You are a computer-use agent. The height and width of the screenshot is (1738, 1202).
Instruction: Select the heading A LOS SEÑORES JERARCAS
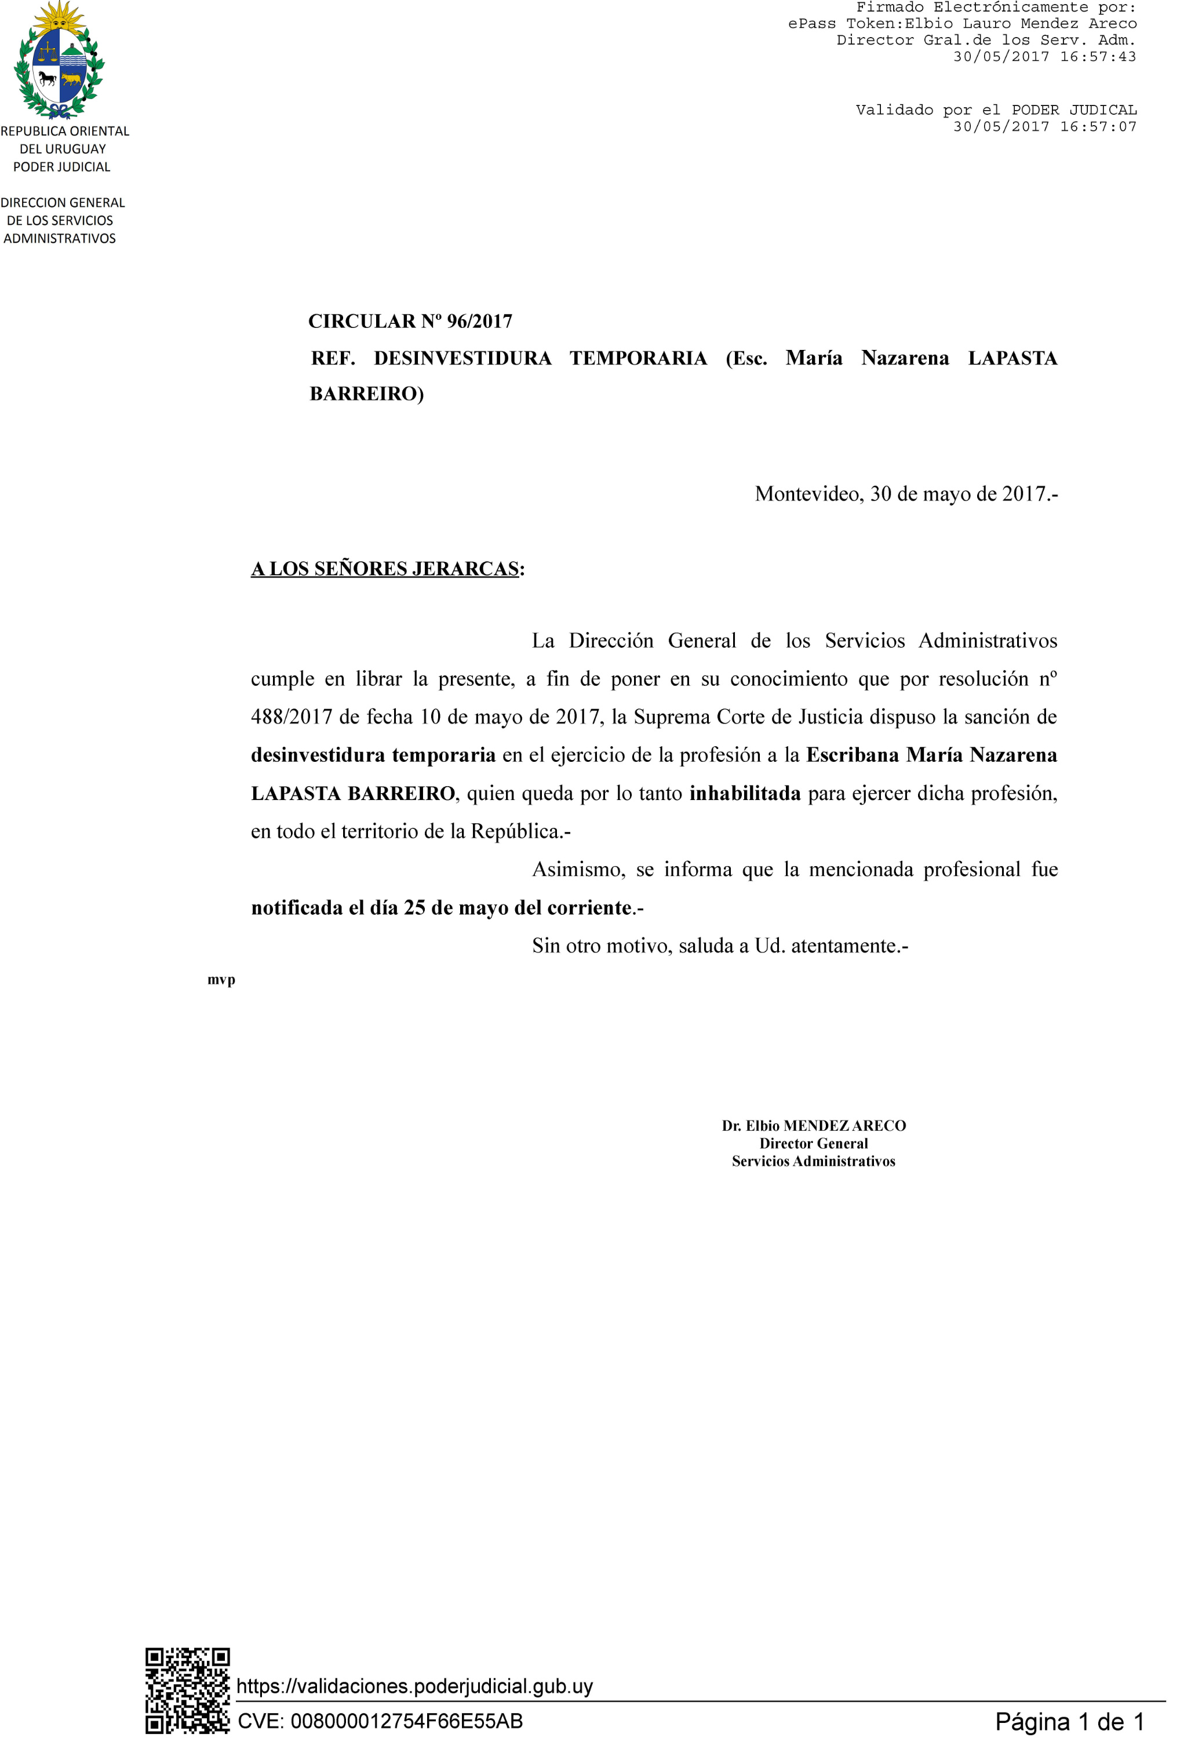click(x=385, y=568)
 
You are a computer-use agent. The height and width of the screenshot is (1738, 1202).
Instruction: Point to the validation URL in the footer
click(x=414, y=1685)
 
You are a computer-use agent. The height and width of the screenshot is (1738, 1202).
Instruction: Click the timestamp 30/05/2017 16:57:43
click(x=1044, y=56)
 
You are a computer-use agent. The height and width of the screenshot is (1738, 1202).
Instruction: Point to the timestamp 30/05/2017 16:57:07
click(x=1044, y=126)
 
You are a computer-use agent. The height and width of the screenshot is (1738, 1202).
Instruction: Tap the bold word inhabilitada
click(x=744, y=793)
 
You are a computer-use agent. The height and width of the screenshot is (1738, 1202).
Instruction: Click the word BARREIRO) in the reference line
click(x=367, y=394)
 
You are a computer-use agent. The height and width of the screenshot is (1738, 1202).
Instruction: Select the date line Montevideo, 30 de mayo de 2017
click(x=905, y=494)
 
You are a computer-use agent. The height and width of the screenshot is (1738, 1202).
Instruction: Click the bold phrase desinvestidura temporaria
click(x=373, y=755)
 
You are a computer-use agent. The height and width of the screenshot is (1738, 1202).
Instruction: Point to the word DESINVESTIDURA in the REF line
click(x=462, y=358)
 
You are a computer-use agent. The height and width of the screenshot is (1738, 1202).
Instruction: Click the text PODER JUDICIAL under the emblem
click(x=62, y=167)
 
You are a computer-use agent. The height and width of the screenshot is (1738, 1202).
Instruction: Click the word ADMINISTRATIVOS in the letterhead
click(x=60, y=239)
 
